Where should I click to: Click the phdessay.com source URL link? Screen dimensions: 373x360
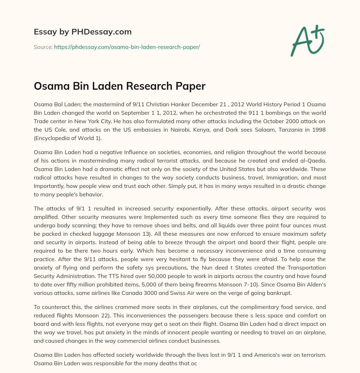(x=127, y=47)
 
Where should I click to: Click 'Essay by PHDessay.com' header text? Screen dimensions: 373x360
(x=83, y=32)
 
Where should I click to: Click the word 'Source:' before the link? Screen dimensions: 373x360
(x=43, y=47)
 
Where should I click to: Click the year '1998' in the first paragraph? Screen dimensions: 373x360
(x=319, y=130)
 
